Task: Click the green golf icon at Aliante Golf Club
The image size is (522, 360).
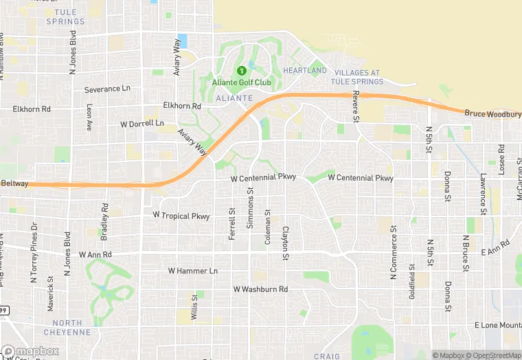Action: point(241,71)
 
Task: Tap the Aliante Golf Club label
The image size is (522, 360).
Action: point(241,83)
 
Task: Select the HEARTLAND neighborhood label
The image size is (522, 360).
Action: point(306,71)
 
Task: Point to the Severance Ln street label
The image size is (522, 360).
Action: point(106,89)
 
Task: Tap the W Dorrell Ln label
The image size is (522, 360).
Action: point(142,124)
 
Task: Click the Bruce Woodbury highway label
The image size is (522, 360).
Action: point(492,113)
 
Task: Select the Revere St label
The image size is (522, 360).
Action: point(356,106)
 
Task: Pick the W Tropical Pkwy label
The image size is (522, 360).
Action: point(181,215)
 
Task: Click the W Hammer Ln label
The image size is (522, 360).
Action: point(192,271)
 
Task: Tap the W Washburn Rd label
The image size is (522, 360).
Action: point(260,289)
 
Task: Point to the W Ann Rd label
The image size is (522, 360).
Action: point(95,255)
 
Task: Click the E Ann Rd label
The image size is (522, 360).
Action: point(495,248)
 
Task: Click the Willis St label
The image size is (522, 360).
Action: point(195,306)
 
